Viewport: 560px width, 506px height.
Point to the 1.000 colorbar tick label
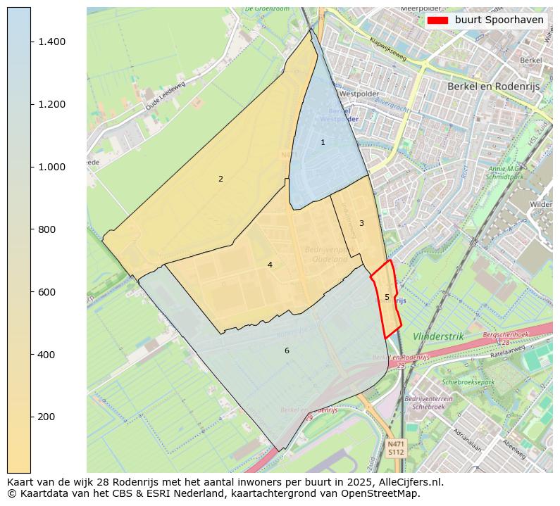click(x=51, y=167)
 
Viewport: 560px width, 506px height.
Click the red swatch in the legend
click(x=437, y=20)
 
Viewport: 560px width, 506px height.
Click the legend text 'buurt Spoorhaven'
click(x=499, y=20)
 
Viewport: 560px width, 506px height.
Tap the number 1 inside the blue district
click(x=323, y=142)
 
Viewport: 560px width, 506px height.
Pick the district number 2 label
click(x=220, y=179)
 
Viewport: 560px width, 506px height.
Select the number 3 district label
click(x=361, y=223)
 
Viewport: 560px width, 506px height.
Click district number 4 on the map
click(x=270, y=265)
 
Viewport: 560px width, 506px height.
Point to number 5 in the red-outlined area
click(x=387, y=297)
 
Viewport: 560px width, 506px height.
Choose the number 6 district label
click(x=287, y=350)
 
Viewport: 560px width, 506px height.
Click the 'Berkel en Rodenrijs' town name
click(x=494, y=86)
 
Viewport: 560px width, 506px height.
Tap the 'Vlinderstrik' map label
click(x=438, y=336)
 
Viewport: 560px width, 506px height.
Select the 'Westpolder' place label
click(x=359, y=94)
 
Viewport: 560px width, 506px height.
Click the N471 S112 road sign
click(x=396, y=448)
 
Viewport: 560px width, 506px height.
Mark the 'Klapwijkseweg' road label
click(x=388, y=47)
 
